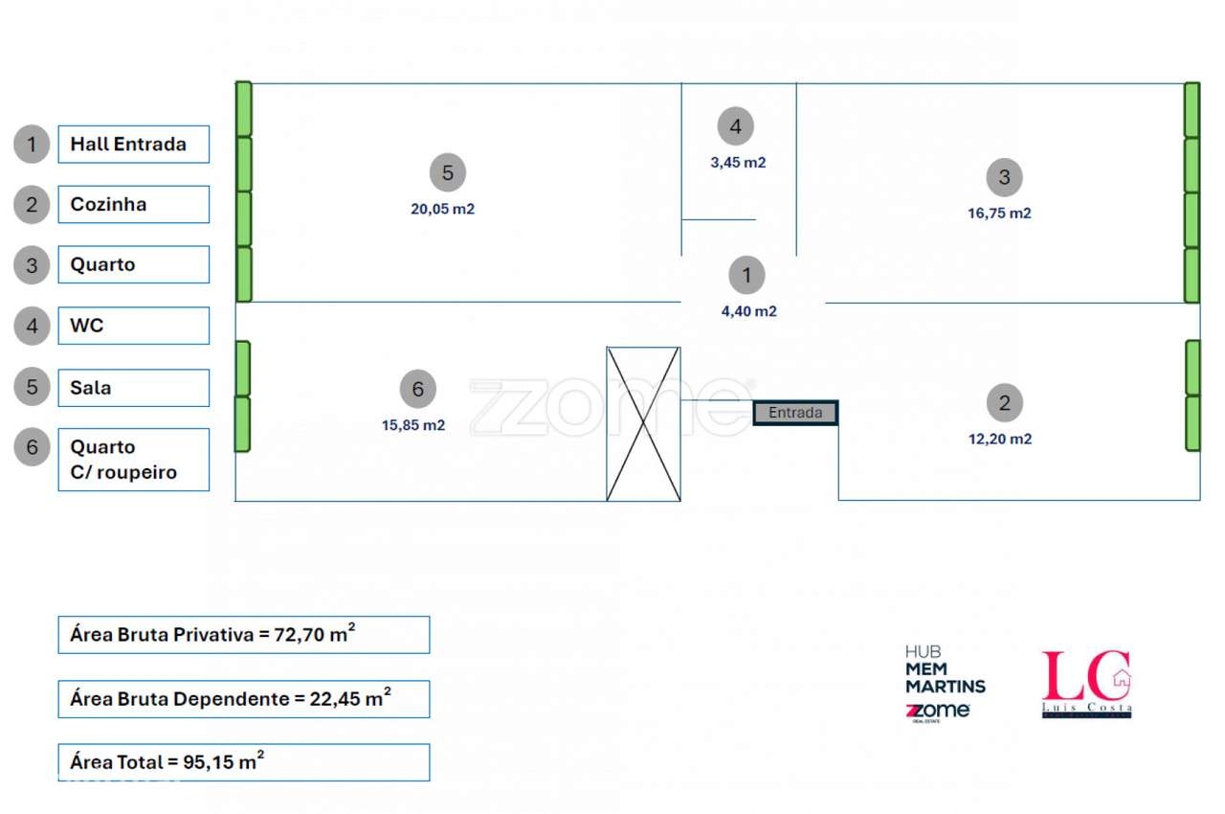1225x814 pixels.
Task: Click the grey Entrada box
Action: [x=795, y=413]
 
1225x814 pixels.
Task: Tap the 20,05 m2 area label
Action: [x=442, y=209]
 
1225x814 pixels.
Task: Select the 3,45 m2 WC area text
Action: [x=738, y=163]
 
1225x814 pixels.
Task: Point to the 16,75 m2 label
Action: [x=999, y=213]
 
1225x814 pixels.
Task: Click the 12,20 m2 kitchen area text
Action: [x=1000, y=439]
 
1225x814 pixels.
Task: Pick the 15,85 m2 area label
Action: [x=412, y=425]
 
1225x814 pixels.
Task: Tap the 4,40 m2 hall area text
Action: [x=748, y=311]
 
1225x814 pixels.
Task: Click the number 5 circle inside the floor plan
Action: [x=447, y=173]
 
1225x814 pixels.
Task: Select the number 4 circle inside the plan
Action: [x=736, y=126]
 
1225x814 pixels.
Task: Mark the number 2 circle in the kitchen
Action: [x=1005, y=403]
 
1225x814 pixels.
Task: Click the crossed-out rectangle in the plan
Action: [x=643, y=424]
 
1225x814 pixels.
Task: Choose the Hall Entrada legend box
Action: [x=133, y=145]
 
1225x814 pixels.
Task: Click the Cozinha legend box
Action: [x=133, y=205]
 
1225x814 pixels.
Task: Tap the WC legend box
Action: [x=133, y=326]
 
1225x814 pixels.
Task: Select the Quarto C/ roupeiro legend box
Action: [x=133, y=460]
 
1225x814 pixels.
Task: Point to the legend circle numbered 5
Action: [x=32, y=387]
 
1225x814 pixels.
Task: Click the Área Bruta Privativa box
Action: [x=244, y=635]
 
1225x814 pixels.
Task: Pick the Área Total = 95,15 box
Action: [x=244, y=762]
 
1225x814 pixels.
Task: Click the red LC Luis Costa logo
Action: [x=1086, y=684]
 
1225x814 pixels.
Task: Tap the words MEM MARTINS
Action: [x=945, y=678]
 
